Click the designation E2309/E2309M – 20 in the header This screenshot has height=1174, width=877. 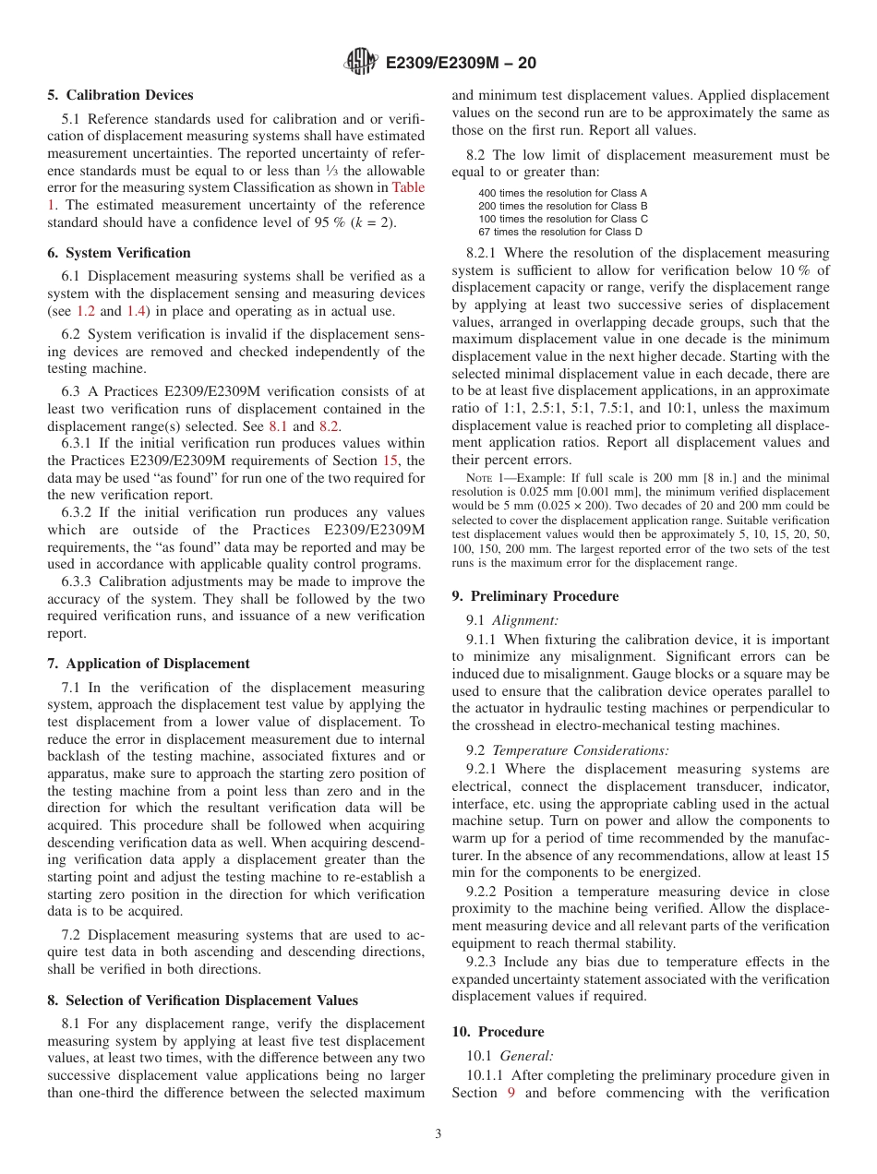(x=460, y=64)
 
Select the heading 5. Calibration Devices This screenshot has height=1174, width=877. (x=120, y=95)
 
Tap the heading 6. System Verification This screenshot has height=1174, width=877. (x=119, y=253)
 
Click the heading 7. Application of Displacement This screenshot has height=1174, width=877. (x=149, y=664)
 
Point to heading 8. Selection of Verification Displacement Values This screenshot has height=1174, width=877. (x=203, y=1000)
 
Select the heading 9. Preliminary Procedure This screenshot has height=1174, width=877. (x=535, y=596)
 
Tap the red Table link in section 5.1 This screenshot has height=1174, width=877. (x=408, y=187)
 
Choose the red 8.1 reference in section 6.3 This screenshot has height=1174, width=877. (x=278, y=426)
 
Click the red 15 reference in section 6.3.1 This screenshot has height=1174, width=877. (x=390, y=461)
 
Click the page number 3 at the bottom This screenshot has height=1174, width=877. (x=438, y=1133)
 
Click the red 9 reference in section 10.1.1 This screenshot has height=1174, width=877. (x=511, y=1093)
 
